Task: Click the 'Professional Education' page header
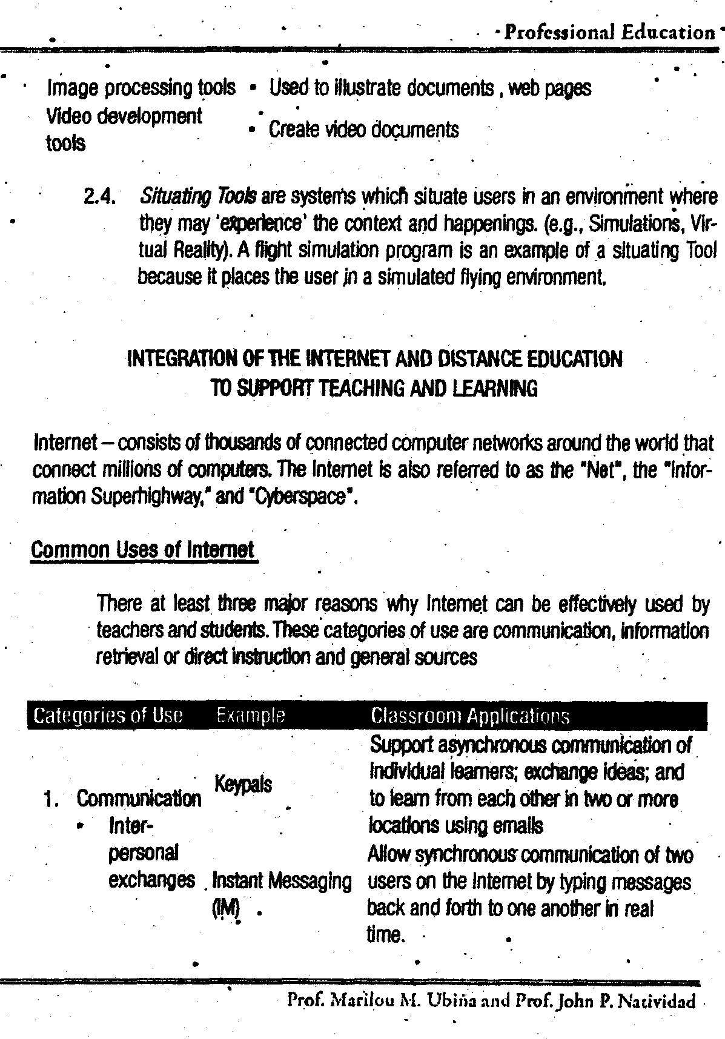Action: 609,31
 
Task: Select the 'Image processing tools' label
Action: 141,88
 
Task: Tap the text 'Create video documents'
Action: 363,130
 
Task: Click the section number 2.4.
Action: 101,197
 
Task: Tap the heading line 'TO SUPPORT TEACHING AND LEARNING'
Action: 373,388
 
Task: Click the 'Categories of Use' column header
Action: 108,716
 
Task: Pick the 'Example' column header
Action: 250,716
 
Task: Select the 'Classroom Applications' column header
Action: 469,716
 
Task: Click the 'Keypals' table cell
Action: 243,785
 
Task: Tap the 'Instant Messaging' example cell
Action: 282,881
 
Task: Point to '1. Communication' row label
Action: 122,799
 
